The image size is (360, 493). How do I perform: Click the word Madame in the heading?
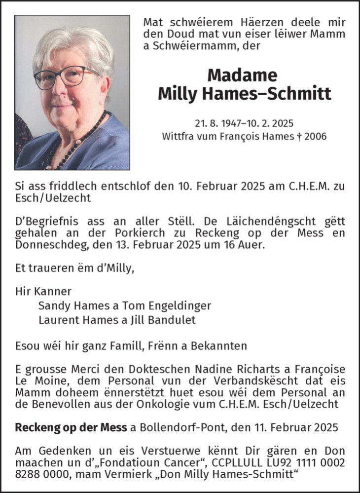pos(242,75)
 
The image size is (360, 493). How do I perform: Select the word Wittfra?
pos(179,136)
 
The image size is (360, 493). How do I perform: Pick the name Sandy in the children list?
pos(52,305)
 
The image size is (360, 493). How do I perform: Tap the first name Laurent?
pos(57,320)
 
